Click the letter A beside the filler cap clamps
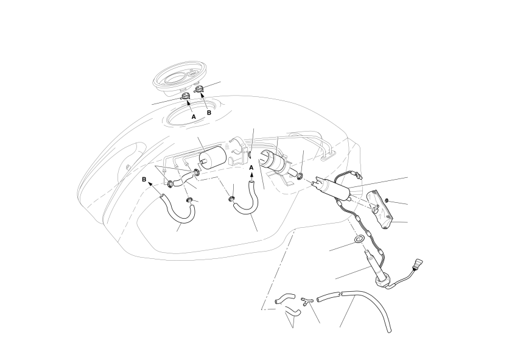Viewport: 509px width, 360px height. point(194,116)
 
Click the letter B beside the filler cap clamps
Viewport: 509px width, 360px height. point(209,113)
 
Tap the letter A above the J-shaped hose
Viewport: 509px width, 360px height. point(251,168)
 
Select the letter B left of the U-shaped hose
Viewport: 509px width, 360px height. point(144,179)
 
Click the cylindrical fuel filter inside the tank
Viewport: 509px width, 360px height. point(212,158)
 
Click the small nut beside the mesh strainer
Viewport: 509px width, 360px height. point(387,200)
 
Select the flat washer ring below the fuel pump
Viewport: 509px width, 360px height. point(359,239)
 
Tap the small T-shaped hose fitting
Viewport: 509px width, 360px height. point(306,300)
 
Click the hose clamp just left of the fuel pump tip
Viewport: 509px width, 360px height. point(300,176)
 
